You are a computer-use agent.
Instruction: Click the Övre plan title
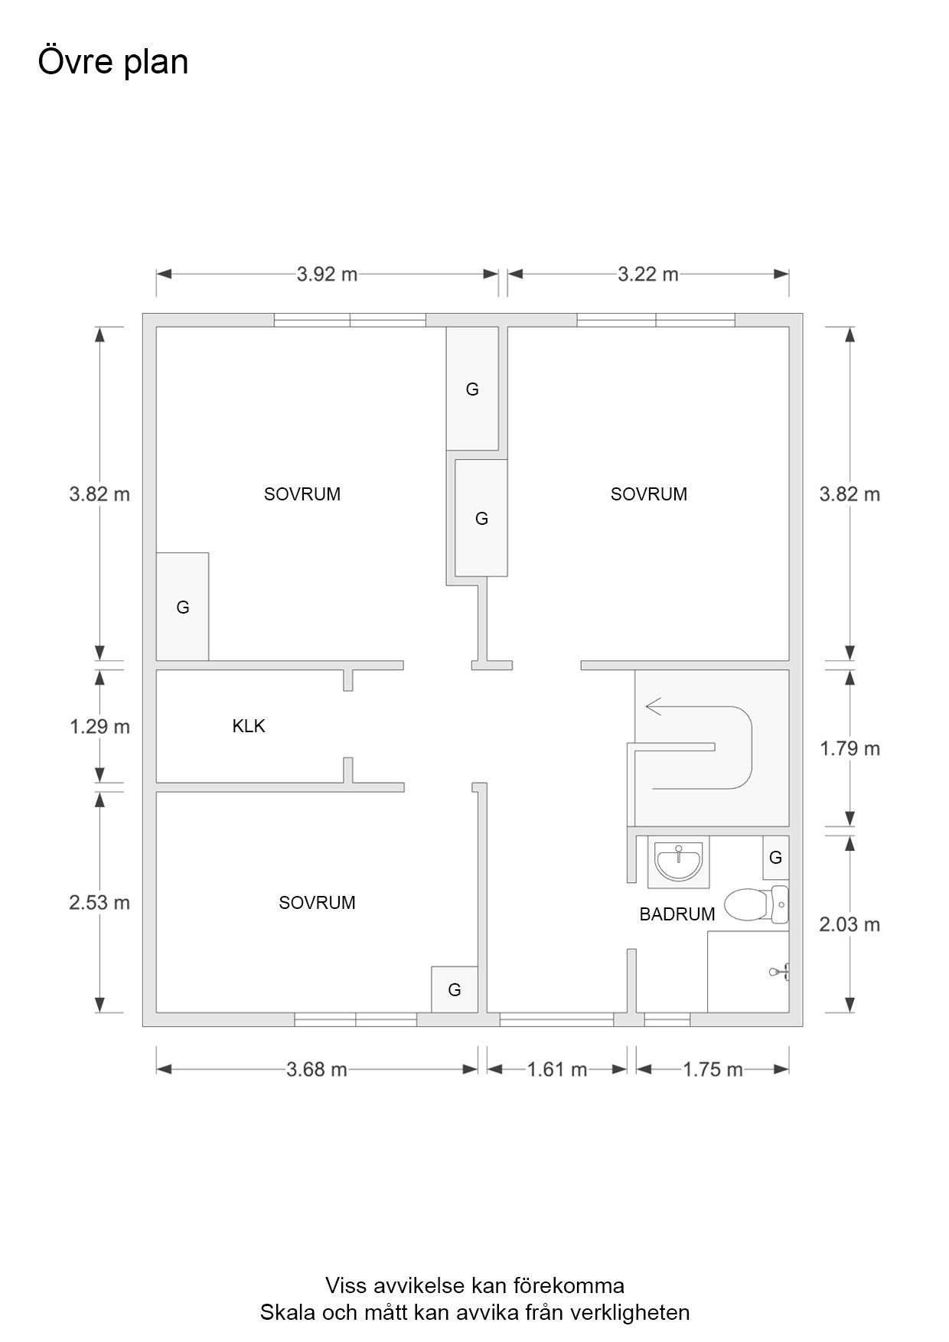(x=113, y=62)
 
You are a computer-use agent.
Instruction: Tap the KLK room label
(x=249, y=726)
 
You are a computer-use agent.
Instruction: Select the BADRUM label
(x=677, y=914)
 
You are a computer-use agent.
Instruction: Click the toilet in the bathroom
(x=756, y=904)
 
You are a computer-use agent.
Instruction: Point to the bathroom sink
(x=679, y=862)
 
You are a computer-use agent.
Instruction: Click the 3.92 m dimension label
(x=327, y=274)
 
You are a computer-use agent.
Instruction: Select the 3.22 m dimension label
(x=648, y=274)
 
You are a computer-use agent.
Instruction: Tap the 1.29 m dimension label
(x=99, y=726)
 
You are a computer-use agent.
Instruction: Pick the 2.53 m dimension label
(x=99, y=902)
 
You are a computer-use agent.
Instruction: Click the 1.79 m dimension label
(x=850, y=748)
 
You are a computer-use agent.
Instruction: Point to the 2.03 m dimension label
(x=850, y=924)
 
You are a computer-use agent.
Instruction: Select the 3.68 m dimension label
(x=317, y=1069)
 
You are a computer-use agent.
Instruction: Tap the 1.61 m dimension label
(x=557, y=1069)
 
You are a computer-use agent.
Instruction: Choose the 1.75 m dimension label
(x=713, y=1069)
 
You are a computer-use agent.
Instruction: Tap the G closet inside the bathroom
(x=775, y=858)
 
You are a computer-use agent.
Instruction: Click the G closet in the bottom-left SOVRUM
(x=455, y=989)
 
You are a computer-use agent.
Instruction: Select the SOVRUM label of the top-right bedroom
(x=649, y=494)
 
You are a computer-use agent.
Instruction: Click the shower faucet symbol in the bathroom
(x=779, y=972)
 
